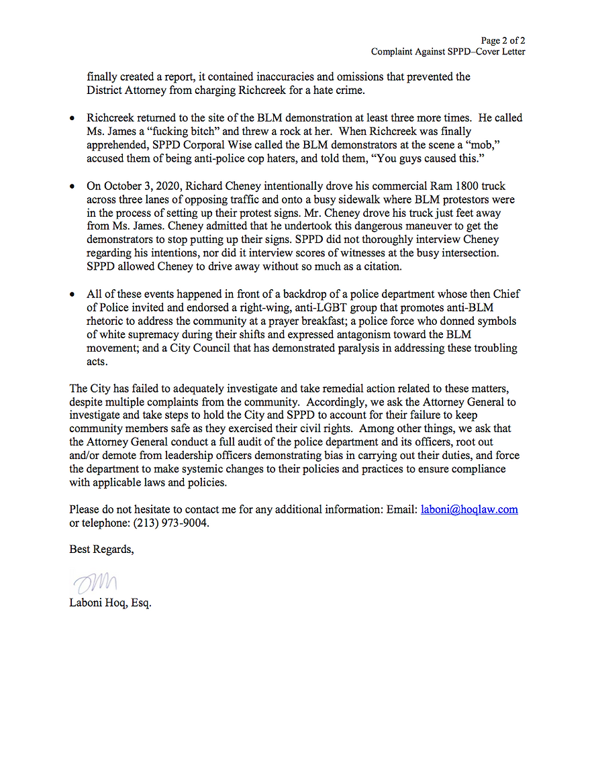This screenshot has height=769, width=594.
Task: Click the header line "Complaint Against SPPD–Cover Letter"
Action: (x=448, y=52)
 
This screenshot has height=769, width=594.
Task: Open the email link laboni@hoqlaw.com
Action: (x=469, y=509)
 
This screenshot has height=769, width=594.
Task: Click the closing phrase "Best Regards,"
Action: (x=101, y=549)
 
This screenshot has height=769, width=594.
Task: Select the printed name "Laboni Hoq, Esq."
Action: (x=110, y=603)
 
